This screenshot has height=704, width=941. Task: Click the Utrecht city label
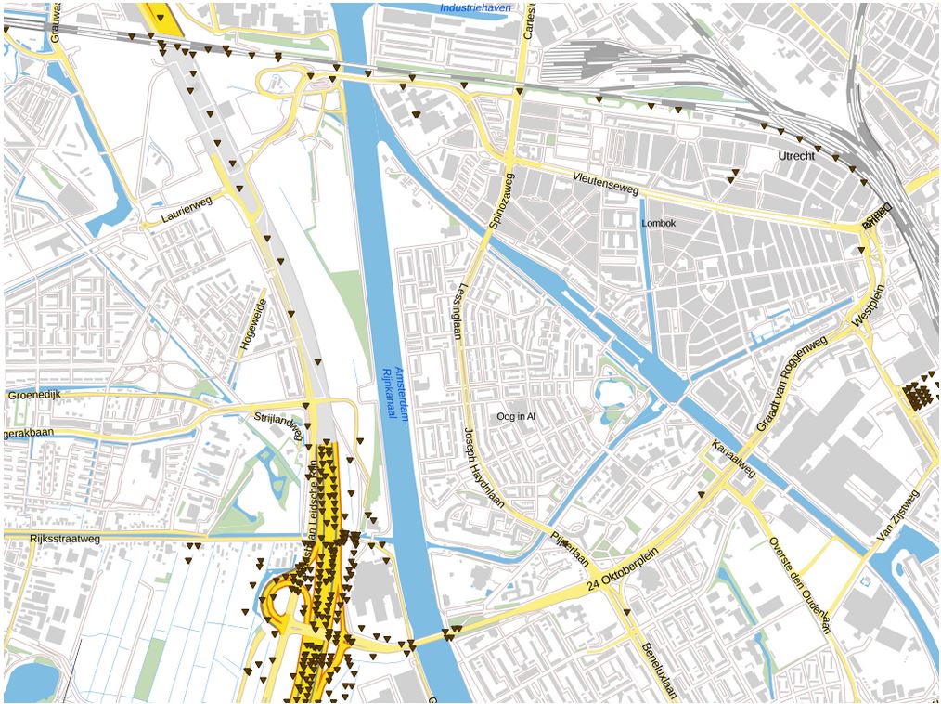coord(796,156)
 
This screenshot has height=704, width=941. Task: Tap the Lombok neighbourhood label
coord(659,224)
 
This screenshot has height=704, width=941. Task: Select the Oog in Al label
coord(516,417)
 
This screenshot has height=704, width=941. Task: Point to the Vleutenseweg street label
coord(606,183)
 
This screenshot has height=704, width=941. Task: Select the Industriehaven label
coord(475,8)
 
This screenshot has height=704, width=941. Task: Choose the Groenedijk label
coord(34,395)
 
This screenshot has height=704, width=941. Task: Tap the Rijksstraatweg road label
coord(51,538)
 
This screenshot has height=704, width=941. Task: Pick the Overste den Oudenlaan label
coord(797,584)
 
